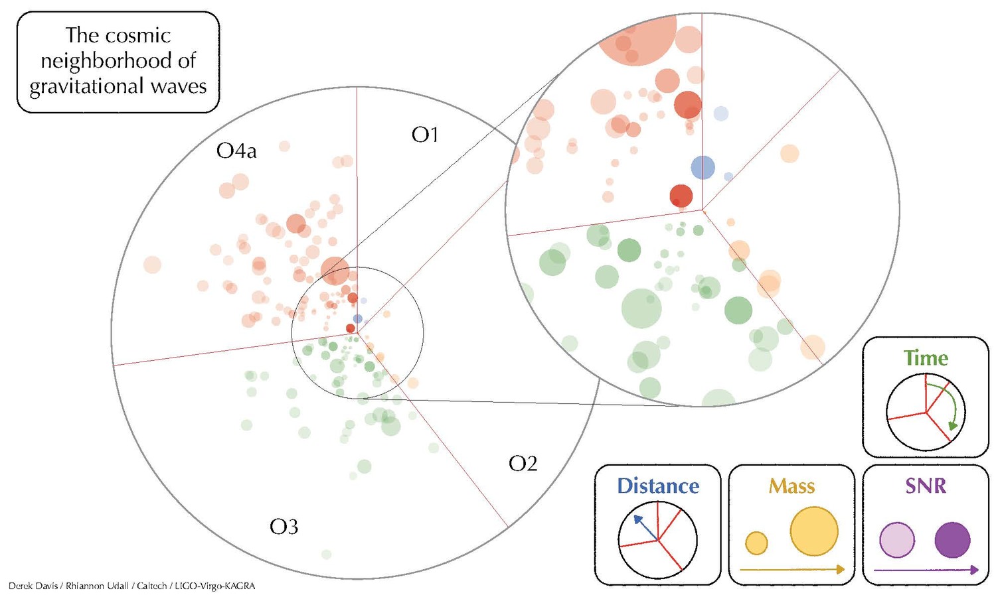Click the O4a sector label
236,151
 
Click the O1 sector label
425,135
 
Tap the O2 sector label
523,464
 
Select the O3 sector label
284,527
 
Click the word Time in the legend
926,358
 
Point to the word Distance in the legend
658,486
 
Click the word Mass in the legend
792,486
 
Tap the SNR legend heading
926,486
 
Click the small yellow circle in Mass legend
756,543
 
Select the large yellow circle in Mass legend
814,531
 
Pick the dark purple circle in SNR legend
952,540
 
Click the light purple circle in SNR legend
897,540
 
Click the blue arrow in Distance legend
646,528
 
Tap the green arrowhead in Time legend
952,426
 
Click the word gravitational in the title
87,86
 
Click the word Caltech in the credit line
151,586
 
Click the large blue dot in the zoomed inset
703,167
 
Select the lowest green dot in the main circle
327,555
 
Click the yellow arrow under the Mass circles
792,569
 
